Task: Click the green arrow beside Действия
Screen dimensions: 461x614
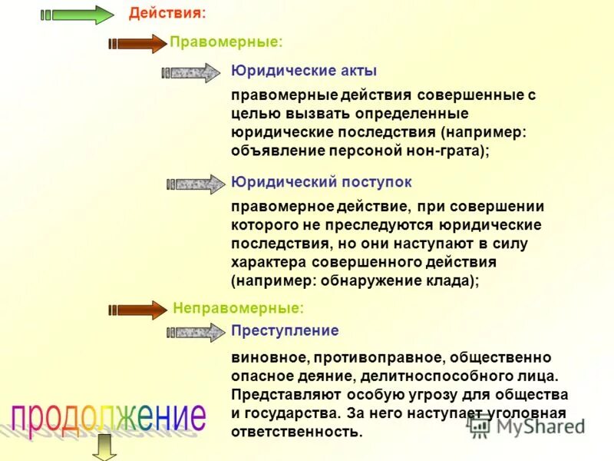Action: pos(77,15)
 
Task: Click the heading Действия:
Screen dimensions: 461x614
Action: pos(167,14)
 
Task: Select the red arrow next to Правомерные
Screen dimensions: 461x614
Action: pos(137,44)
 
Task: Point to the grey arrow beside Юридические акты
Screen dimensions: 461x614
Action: pos(190,73)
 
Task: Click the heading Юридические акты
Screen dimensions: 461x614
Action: pos(304,71)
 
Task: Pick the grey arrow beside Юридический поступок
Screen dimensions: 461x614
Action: pos(195,184)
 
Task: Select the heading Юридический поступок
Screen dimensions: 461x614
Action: pos(322,182)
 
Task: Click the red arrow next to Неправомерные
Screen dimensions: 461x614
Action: pos(137,310)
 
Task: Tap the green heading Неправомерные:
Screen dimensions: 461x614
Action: pos(238,308)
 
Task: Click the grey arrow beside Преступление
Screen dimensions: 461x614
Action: pos(195,333)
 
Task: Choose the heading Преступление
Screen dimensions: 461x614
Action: pos(285,330)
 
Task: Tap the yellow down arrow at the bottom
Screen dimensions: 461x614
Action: pos(103,446)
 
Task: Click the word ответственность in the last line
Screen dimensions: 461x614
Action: pos(295,431)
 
